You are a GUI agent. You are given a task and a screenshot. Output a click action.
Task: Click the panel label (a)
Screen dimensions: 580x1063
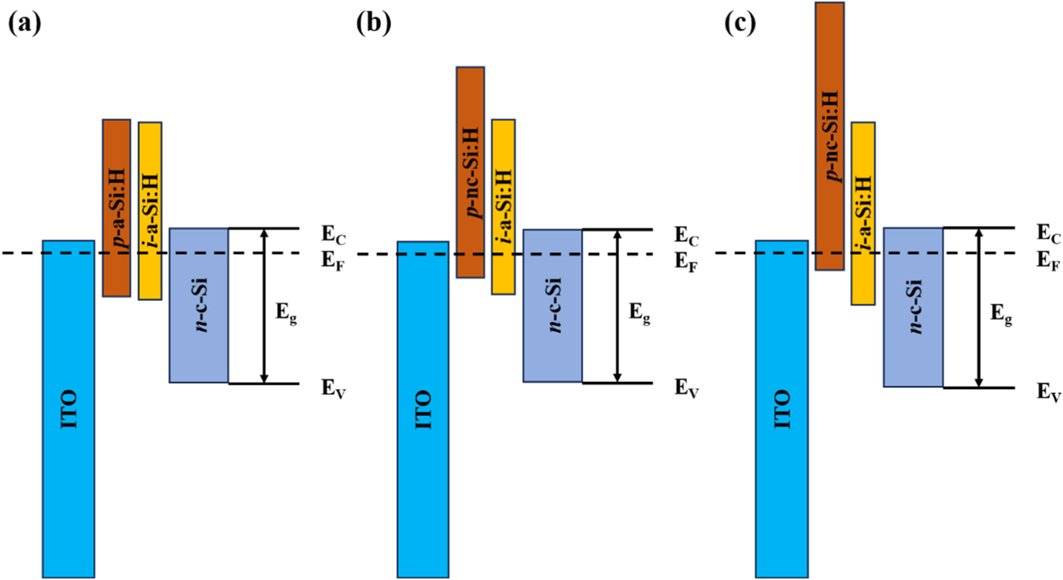click(x=25, y=24)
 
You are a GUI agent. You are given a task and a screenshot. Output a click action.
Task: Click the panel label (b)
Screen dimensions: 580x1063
click(x=374, y=24)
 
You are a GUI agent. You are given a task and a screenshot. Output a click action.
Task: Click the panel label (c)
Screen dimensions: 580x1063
click(x=740, y=24)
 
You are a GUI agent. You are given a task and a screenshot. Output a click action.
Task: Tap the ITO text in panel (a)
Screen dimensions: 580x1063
click(x=69, y=410)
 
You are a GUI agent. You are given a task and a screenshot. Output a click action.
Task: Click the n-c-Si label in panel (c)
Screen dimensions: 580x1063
click(x=915, y=307)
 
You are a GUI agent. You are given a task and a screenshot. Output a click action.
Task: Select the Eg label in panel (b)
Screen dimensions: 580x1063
click(x=640, y=313)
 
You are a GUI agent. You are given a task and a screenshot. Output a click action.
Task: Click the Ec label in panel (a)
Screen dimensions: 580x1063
click(x=334, y=235)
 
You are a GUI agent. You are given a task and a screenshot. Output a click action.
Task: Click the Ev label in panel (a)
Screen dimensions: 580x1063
click(x=334, y=388)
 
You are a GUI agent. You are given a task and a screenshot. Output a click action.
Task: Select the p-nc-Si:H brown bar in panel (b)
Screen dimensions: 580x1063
click(x=470, y=172)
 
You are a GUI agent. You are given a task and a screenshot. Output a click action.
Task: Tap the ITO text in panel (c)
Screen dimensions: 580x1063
click(x=781, y=410)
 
